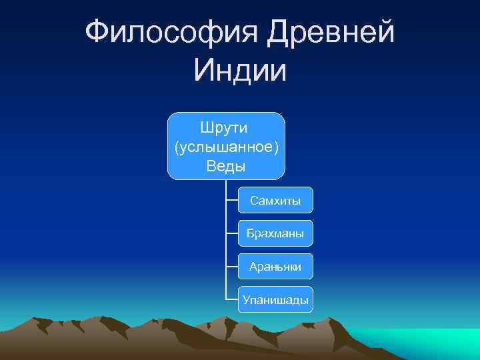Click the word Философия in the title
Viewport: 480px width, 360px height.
(171, 33)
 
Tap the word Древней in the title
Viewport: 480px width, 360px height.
(331, 33)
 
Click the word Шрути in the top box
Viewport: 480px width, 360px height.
(226, 127)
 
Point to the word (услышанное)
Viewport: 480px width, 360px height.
(226, 146)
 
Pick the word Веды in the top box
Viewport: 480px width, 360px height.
(226, 165)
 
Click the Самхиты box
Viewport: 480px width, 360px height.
(275, 200)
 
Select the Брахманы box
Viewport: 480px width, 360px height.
(275, 233)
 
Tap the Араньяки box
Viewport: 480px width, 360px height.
(275, 267)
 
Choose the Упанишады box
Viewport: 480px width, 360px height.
(275, 300)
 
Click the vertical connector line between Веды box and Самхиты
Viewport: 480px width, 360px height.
(226, 189)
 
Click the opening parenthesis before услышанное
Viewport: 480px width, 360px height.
(176, 147)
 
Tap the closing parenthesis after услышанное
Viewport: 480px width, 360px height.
(275, 147)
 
